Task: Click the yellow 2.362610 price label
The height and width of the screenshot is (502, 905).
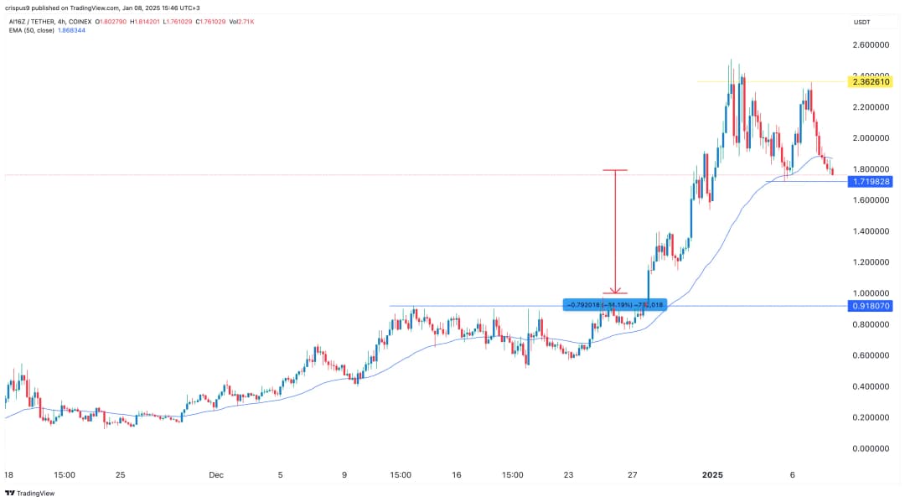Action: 871,82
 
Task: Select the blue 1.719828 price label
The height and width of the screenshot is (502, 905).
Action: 871,181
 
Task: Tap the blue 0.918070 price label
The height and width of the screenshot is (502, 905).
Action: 871,306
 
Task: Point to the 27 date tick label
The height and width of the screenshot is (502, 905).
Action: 633,474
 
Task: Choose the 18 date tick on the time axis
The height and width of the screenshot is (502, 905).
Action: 8,474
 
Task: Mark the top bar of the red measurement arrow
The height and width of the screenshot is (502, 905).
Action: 615,170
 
